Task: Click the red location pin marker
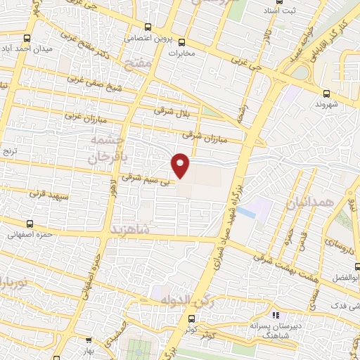[181, 165]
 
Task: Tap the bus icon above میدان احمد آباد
[27, 39]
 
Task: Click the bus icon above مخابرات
[182, 41]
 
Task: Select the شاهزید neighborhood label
[131, 229]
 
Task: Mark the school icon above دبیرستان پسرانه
[276, 316]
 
